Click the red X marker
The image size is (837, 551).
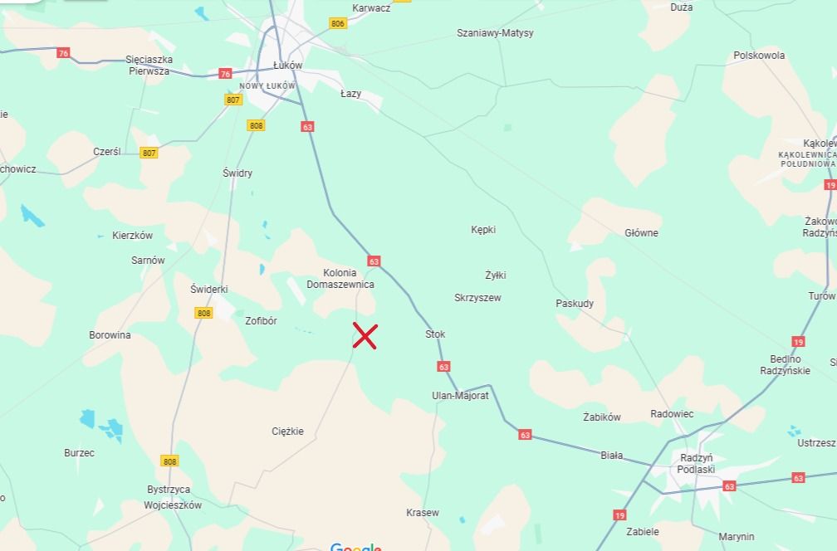(365, 336)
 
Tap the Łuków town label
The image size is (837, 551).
(288, 66)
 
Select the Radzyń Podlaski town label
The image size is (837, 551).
(696, 464)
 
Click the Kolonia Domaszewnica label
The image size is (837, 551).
(340, 279)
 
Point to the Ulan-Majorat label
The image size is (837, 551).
(461, 396)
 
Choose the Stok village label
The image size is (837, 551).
(435, 334)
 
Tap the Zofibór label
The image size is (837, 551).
(261, 321)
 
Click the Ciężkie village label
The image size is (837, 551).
(288, 432)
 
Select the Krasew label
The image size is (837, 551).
(423, 513)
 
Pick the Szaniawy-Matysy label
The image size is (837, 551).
(495, 33)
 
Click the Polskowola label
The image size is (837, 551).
(759, 56)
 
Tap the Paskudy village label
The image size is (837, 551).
(575, 304)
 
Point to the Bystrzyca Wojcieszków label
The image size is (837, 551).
(173, 497)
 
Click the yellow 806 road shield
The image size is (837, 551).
(337, 24)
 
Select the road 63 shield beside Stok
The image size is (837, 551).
(443, 366)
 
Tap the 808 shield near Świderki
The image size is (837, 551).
(204, 313)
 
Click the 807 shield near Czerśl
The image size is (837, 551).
(149, 153)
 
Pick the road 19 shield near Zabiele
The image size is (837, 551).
(619, 515)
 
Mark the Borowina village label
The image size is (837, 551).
(110, 335)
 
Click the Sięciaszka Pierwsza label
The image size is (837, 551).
(149, 66)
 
